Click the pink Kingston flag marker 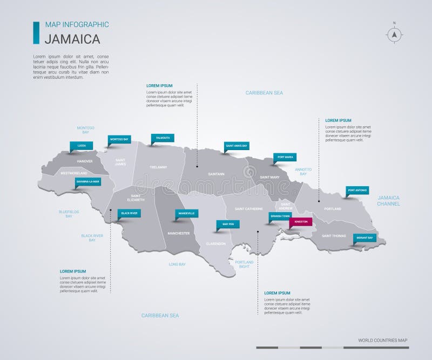tap(301, 222)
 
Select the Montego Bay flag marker tap(119, 139)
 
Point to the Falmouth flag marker tap(163, 138)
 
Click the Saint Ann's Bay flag tap(237, 146)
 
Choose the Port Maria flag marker tap(285, 157)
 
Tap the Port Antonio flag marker tap(357, 191)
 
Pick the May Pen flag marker tap(228, 223)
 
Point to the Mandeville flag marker tap(187, 214)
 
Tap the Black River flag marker tap(130, 214)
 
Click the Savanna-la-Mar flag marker tap(88, 182)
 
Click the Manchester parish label tap(178, 233)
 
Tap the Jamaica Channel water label tap(388, 201)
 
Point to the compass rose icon tap(394, 34)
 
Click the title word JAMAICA tap(72, 39)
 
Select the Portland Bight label tap(244, 264)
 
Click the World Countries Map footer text tap(382, 340)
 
